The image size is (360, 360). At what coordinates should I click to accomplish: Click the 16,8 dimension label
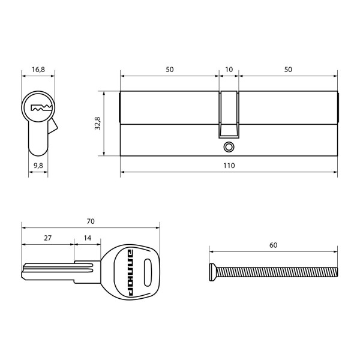pyautogui.click(x=38, y=70)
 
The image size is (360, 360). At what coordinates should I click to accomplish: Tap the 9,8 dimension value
pyautogui.click(x=38, y=165)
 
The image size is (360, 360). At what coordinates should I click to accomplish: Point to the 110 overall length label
pyautogui.click(x=228, y=165)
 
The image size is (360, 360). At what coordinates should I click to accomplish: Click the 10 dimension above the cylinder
pyautogui.click(x=229, y=70)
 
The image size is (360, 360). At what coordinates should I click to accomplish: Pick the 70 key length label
pyautogui.click(x=91, y=221)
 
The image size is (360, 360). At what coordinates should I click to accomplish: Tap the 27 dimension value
pyautogui.click(x=48, y=238)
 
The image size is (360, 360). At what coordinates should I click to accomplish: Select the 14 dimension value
pyautogui.click(x=88, y=238)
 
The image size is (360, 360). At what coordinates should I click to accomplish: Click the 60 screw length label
pyautogui.click(x=273, y=245)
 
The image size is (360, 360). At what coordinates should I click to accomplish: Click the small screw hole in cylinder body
pyautogui.click(x=228, y=146)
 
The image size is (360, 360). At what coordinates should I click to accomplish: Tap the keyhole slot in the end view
pyautogui.click(x=41, y=109)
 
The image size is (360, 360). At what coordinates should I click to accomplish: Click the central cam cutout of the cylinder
pyautogui.click(x=229, y=114)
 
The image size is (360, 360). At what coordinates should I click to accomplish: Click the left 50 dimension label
pyautogui.click(x=169, y=70)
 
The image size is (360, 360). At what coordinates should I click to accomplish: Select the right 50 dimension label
pyautogui.click(x=288, y=70)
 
